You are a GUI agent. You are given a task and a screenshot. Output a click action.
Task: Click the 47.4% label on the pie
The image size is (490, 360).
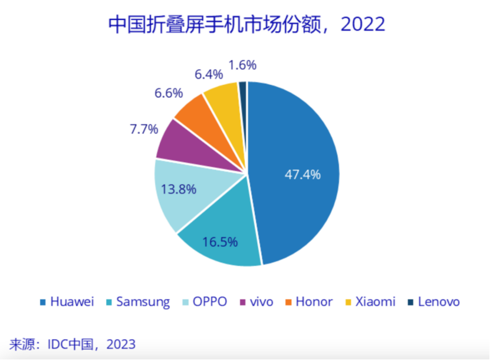(x=302, y=174)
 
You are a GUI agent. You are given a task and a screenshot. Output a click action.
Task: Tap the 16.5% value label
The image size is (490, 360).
(x=219, y=242)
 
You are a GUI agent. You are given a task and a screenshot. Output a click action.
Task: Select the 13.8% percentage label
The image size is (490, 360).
(x=179, y=190)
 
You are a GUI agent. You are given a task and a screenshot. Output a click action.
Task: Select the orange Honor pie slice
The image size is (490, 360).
(x=194, y=113)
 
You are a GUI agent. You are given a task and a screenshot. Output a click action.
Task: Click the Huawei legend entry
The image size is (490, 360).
(x=66, y=302)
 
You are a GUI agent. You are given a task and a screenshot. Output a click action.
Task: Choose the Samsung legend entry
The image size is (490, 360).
(x=137, y=302)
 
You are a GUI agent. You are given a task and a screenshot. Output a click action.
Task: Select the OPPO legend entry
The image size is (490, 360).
(x=205, y=302)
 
